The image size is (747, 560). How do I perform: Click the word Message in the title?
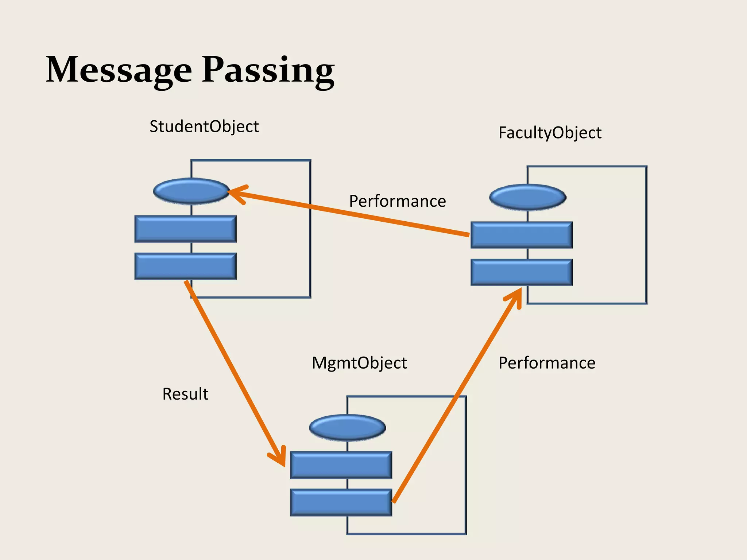coord(119,70)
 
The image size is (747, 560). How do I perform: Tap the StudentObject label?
coord(204,127)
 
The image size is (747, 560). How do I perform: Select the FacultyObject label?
coord(550,133)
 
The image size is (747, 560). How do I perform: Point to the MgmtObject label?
coord(359,363)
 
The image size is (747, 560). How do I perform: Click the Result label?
coord(185,394)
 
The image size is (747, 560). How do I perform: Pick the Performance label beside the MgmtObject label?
coord(547,363)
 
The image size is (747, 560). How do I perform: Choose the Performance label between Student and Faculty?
coord(397,201)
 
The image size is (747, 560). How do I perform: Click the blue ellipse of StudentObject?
coord(191,191)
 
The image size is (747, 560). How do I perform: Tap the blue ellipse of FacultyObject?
coord(527,197)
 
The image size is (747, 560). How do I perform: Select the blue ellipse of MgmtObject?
coord(347,427)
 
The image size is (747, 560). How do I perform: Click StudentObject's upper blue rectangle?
coord(185,229)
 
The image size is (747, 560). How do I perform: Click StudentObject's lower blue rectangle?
coord(185,266)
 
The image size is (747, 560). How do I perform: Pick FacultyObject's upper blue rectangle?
coord(522,235)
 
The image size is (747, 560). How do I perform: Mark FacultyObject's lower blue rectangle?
coord(522,272)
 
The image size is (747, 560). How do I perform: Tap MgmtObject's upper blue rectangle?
coord(341,465)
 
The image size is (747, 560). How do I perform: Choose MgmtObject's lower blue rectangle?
coord(341,502)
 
